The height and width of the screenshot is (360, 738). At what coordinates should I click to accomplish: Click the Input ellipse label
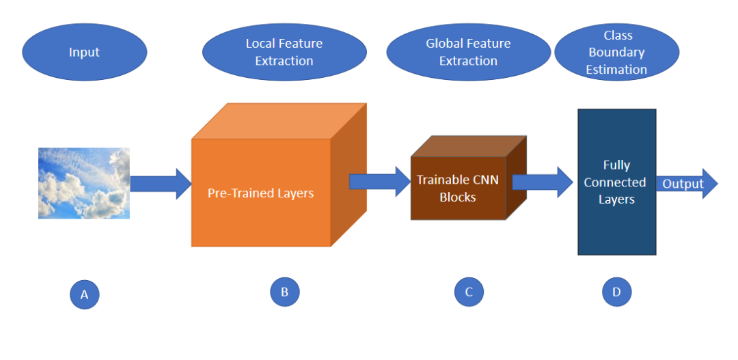(84, 53)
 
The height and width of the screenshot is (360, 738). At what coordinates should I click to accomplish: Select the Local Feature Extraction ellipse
(284, 53)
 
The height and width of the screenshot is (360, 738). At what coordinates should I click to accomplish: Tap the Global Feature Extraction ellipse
(468, 53)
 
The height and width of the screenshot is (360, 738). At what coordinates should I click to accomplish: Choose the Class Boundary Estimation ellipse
(616, 53)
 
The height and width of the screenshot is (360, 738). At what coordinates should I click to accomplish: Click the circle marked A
(85, 294)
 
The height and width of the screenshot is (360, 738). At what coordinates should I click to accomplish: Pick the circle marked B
(284, 292)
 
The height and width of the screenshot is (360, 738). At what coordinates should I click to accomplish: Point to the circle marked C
(469, 292)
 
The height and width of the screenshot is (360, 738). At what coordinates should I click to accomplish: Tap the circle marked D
(616, 292)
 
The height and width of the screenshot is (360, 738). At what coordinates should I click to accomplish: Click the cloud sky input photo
(84, 183)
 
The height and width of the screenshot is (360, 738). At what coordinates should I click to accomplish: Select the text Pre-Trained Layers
(260, 193)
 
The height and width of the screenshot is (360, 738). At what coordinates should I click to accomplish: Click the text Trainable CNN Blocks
(458, 189)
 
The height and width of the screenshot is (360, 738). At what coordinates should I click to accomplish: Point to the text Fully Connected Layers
(616, 182)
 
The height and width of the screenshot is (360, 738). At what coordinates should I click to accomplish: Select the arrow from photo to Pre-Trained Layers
(161, 184)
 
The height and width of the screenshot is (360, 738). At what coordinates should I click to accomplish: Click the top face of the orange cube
(280, 121)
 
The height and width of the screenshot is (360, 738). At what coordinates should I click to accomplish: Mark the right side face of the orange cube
(348, 174)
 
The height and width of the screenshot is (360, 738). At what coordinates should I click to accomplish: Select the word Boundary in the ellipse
(616, 53)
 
